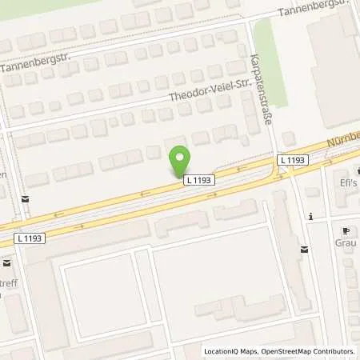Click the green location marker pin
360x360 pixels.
[x=182, y=159]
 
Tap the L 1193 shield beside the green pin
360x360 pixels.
[x=198, y=181]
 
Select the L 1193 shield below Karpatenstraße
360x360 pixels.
[x=293, y=161]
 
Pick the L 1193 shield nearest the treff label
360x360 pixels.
[x=30, y=238]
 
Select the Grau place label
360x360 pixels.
[x=345, y=242]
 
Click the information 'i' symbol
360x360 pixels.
[x=309, y=216]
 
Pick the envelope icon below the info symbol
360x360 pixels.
[x=304, y=250]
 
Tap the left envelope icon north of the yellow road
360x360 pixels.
[x=26, y=198]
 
